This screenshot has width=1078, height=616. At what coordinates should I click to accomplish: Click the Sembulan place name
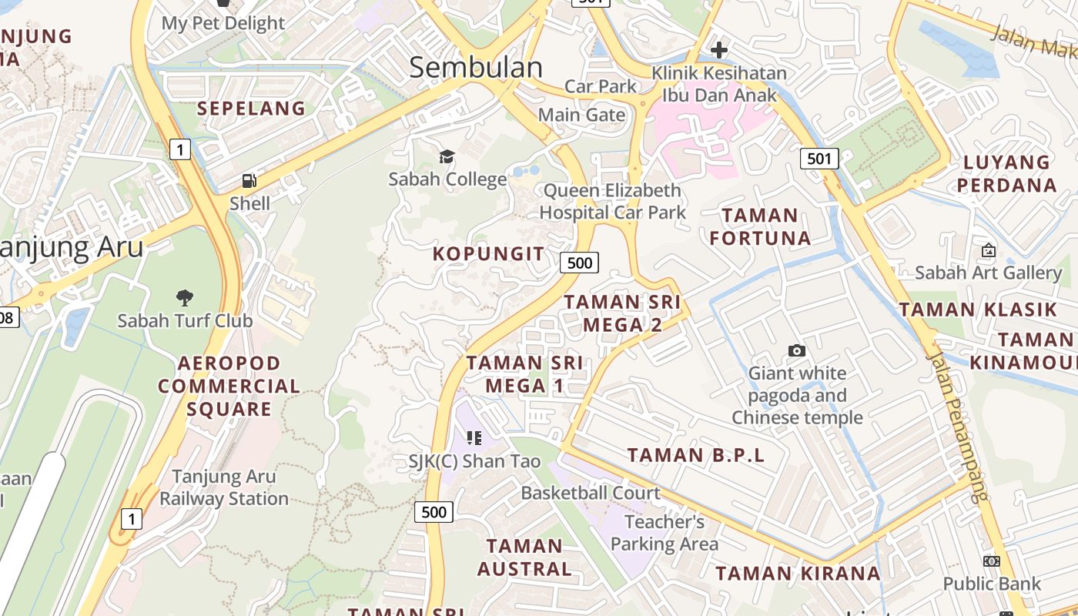[x=476, y=68]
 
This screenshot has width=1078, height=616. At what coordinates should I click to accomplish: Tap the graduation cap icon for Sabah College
[x=447, y=157]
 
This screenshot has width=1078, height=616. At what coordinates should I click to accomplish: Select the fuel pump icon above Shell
[x=249, y=181]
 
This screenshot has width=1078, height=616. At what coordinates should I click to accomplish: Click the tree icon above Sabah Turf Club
[x=184, y=297]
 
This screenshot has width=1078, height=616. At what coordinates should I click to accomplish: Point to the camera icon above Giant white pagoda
[x=797, y=351]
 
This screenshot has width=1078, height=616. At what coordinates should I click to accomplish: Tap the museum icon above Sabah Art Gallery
[x=988, y=250]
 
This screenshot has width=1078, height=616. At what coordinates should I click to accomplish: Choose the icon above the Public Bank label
[x=992, y=561]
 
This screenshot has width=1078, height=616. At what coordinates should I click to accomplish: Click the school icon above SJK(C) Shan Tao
[x=474, y=438]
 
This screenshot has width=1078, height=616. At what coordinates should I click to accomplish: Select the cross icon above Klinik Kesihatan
[x=719, y=51]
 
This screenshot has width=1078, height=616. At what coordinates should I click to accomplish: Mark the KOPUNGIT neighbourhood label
[x=488, y=254]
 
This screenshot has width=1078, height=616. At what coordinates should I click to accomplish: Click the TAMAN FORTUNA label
[x=760, y=226]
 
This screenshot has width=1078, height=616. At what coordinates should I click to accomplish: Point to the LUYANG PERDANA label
[x=1006, y=174]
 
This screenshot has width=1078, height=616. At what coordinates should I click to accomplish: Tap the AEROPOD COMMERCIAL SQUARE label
[x=229, y=386]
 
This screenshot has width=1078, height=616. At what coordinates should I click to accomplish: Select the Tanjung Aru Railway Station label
[x=223, y=487]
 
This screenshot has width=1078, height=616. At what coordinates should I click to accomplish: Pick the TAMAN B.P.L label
[x=696, y=455]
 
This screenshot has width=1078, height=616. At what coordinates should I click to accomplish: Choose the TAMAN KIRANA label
[x=798, y=574]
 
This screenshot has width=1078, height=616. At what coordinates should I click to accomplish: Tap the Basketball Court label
[x=591, y=493]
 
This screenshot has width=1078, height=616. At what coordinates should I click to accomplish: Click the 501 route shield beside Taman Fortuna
[x=819, y=159]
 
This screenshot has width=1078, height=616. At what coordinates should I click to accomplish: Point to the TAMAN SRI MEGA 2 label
[x=622, y=313]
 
